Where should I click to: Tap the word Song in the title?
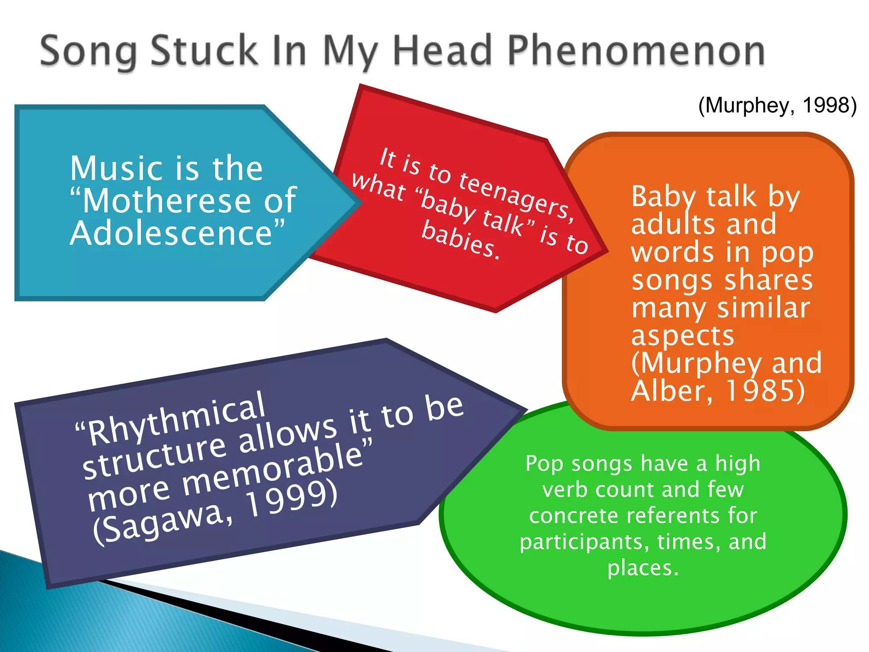89,52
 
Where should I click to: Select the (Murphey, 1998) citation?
777,105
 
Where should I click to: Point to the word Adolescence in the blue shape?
172,233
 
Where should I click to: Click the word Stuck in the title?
204,51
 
